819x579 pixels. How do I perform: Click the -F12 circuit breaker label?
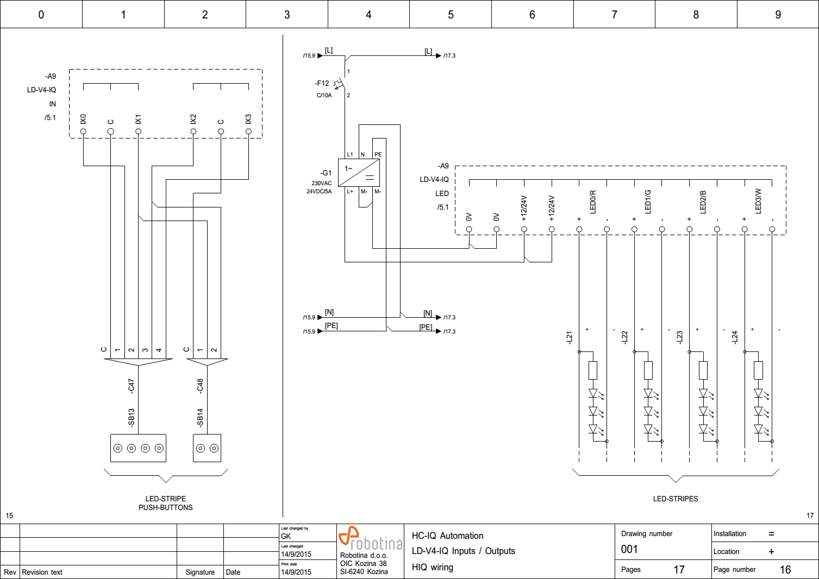coord(322,84)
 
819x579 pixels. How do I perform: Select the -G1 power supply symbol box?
coord(359,173)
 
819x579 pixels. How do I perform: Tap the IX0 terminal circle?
coord(83,131)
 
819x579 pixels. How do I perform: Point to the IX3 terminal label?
coord(248,119)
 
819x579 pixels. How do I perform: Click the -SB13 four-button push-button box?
coord(138,448)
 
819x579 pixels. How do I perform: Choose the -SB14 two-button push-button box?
coord(207,448)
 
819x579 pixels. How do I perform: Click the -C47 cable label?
coord(131,386)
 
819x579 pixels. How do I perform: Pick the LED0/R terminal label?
coord(593,202)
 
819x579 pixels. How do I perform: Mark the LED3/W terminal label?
coord(758,201)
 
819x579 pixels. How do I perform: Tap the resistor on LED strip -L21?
coord(593,370)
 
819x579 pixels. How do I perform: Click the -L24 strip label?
coord(735,337)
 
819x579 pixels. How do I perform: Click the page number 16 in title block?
coord(785,570)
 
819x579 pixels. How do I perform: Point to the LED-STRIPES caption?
coord(675,499)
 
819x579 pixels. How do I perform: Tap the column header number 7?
coord(614,15)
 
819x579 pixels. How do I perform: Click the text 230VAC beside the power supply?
coord(321,184)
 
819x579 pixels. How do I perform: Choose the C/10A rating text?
coord(324,96)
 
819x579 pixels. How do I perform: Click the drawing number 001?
coord(629,549)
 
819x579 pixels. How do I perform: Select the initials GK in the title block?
coord(286,536)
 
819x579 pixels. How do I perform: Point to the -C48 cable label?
coord(200,386)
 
